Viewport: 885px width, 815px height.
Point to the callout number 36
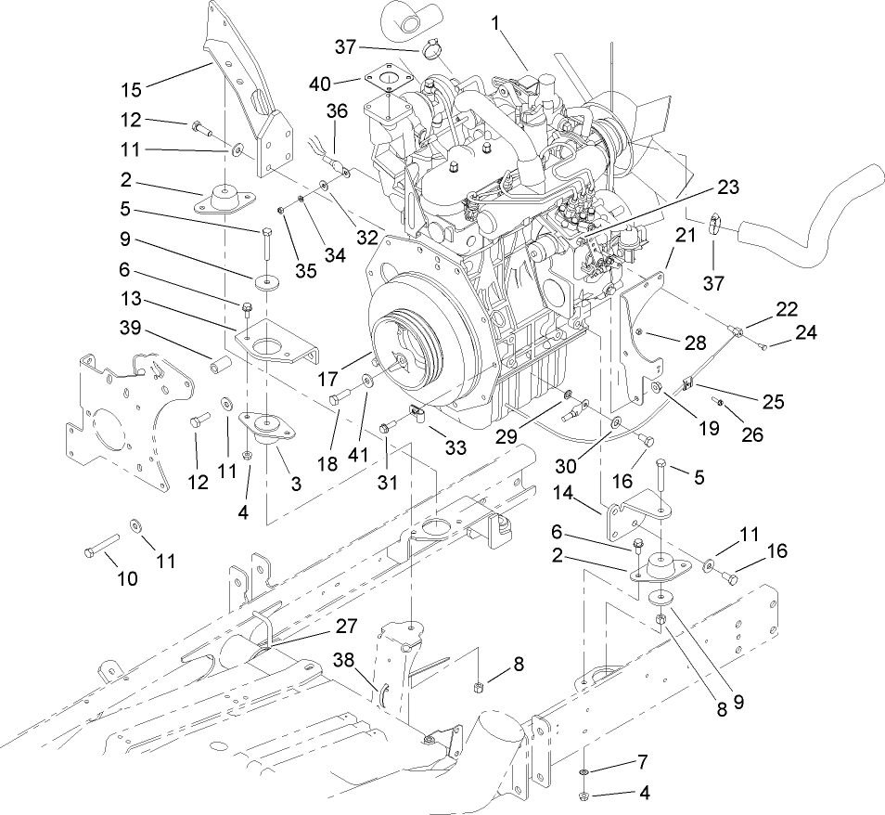coord(336,110)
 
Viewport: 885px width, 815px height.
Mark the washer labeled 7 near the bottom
coord(584,772)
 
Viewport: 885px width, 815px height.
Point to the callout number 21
coord(685,237)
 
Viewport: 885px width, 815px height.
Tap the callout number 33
coord(455,447)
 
